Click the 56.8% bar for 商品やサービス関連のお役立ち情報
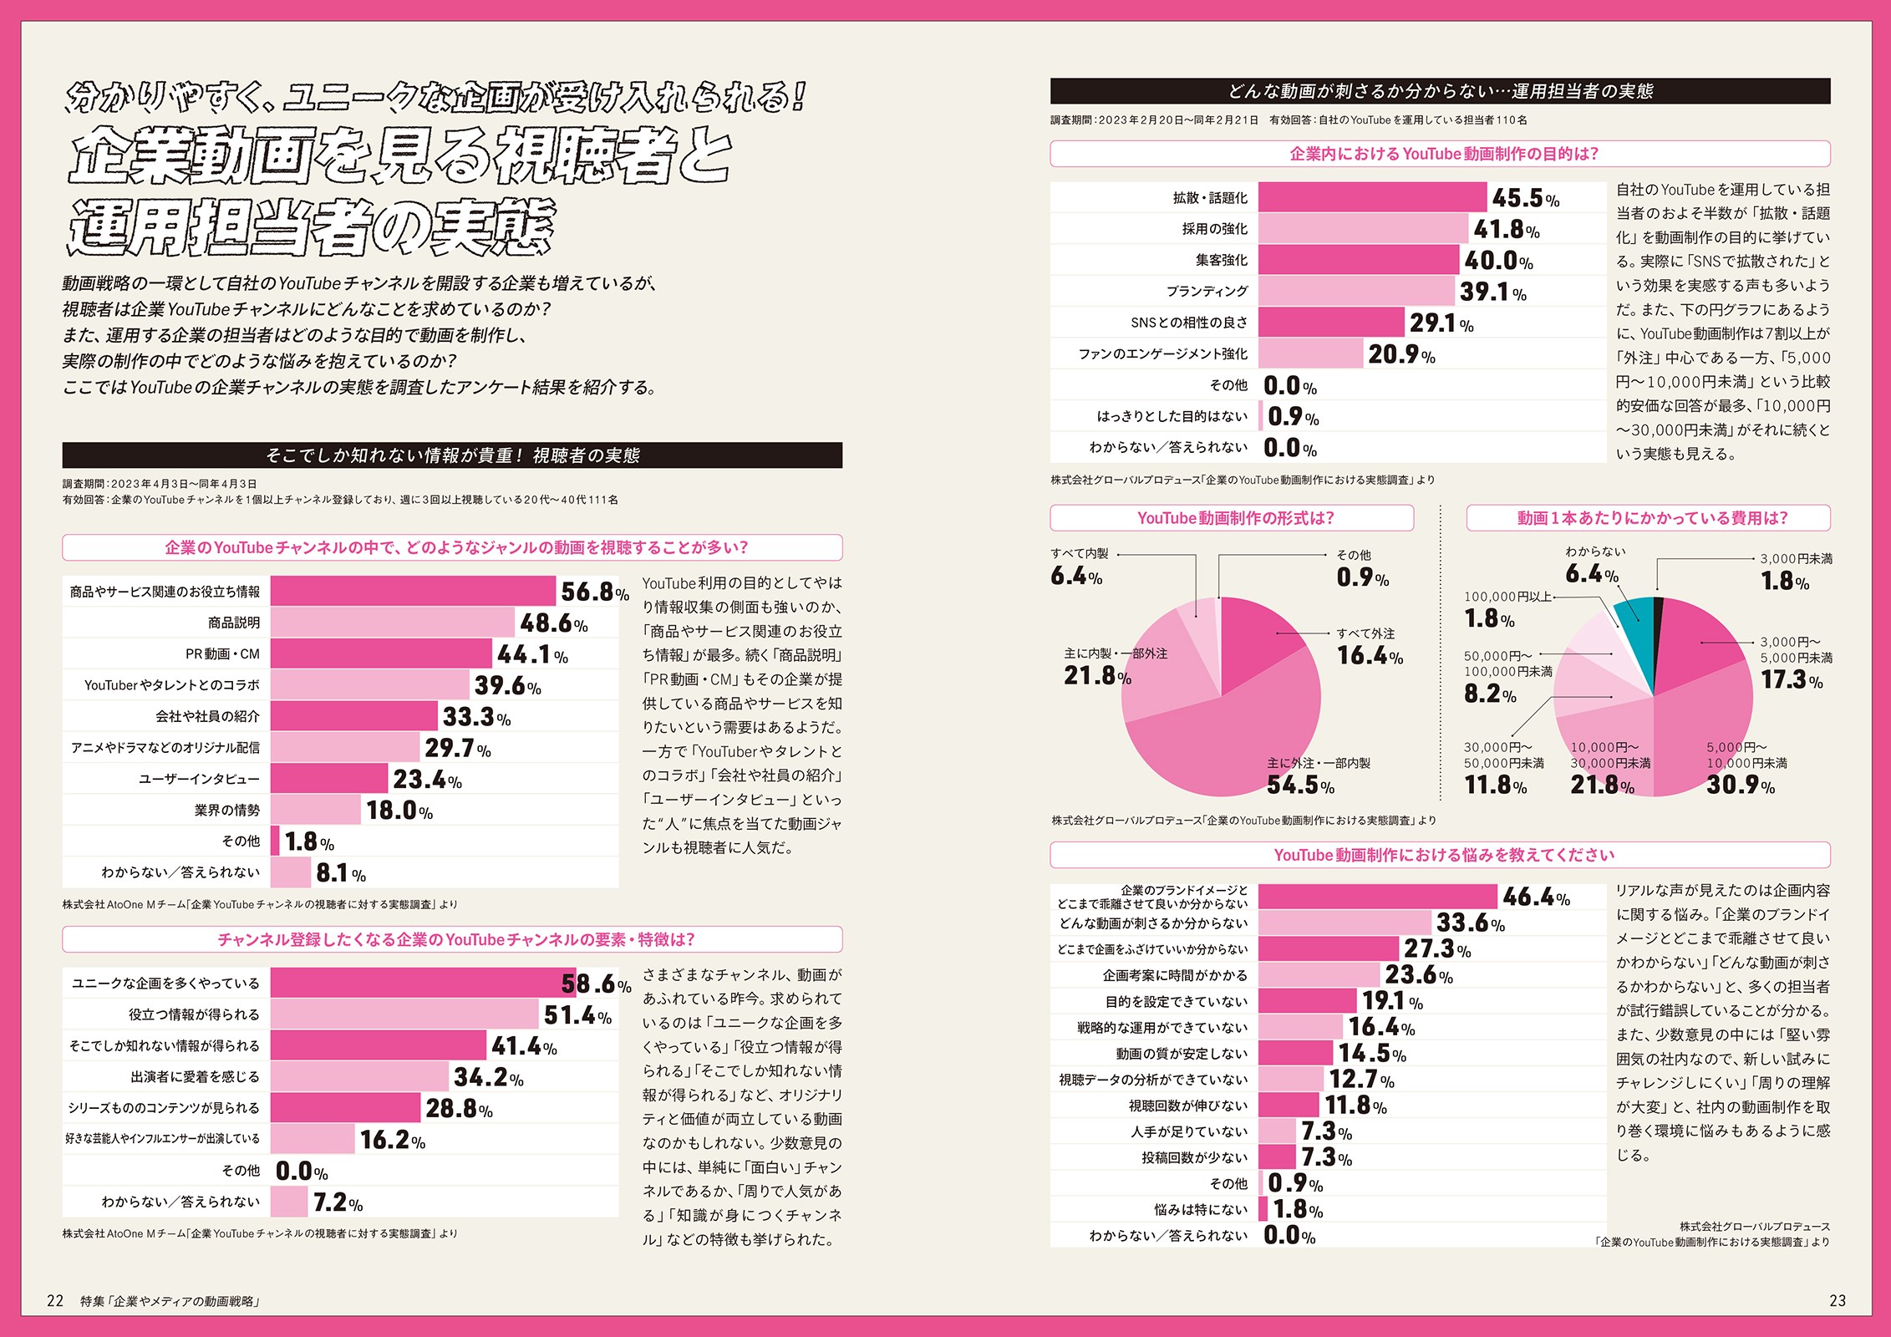[413, 591]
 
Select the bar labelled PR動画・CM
[381, 653]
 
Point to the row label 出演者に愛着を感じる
[195, 1077]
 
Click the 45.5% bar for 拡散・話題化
[1372, 197]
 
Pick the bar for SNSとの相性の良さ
[1330, 323]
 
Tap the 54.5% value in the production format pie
[1300, 785]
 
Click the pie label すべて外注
[1365, 633]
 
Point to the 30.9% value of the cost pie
[1740, 785]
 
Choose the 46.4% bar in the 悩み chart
[1377, 897]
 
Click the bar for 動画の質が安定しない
[1295, 1053]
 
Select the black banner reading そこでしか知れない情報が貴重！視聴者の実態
[452, 455]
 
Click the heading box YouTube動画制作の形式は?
[1232, 518]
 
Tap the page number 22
[55, 1300]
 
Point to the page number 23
[1838, 1300]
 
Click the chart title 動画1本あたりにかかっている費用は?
[1648, 518]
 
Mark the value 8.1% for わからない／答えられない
[340, 873]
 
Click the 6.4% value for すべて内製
[1075, 577]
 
